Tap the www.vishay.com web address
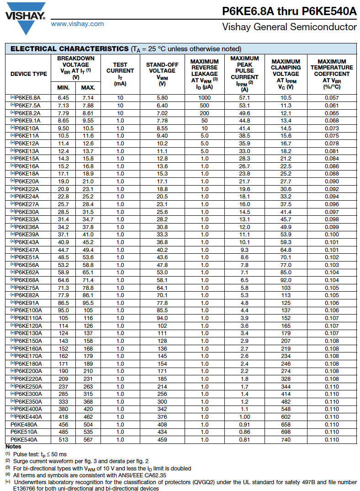(x=77, y=24)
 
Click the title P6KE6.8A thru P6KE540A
(x=289, y=11)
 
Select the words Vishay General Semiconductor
(x=289, y=27)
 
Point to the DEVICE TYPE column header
(x=29, y=74)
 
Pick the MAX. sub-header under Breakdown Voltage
(x=88, y=88)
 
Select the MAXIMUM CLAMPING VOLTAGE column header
(x=286, y=74)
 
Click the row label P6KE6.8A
(x=28, y=98)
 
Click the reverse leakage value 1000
(x=204, y=98)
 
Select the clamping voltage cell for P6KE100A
(x=286, y=310)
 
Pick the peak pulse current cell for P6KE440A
(x=245, y=416)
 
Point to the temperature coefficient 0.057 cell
(x=332, y=98)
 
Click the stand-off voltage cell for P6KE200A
(x=162, y=371)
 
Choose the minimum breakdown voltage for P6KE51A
(x=64, y=257)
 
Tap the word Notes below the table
(x=13, y=447)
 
